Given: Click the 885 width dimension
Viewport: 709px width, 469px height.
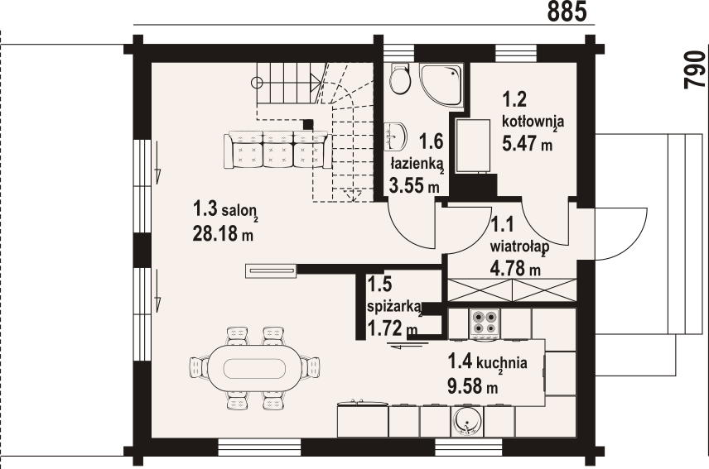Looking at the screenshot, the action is click(x=567, y=12).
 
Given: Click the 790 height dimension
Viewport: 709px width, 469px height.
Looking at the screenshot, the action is click(x=697, y=69).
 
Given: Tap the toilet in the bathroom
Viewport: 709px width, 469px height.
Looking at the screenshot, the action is click(x=399, y=79).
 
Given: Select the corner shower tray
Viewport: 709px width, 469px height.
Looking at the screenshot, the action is click(x=441, y=85).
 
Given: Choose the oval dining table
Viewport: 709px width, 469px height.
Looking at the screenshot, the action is click(x=254, y=368).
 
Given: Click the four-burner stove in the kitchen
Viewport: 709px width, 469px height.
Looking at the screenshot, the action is click(x=485, y=323).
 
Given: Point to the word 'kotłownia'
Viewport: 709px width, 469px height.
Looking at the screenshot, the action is click(x=533, y=122).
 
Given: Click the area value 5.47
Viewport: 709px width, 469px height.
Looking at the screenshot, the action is click(x=519, y=144).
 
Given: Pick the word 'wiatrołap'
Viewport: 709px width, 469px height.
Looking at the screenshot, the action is click(x=519, y=247).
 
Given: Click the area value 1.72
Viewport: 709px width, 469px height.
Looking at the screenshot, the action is click(x=384, y=328).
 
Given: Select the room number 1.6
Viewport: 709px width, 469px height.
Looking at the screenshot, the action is click(x=431, y=141).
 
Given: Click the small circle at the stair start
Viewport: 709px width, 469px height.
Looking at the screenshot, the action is click(x=257, y=82).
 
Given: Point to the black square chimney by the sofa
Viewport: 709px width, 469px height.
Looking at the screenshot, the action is click(x=308, y=124).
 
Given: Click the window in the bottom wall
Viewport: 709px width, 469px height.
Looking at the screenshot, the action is click(x=259, y=447).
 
